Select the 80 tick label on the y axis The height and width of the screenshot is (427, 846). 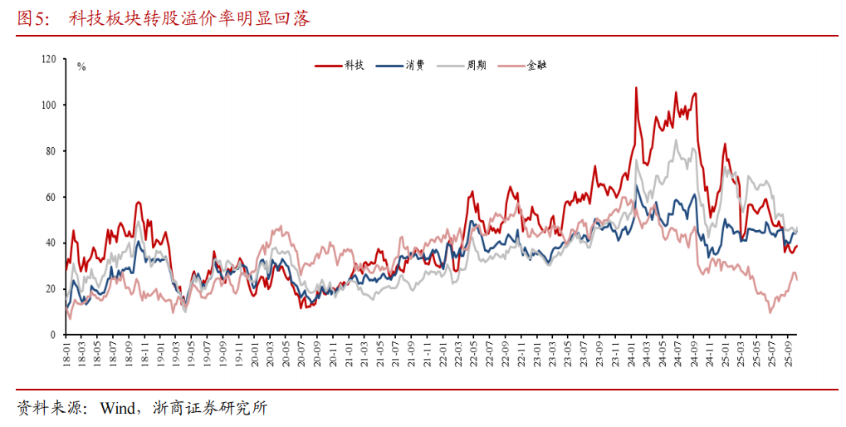(50, 151)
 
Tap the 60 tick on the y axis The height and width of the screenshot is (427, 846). (50, 197)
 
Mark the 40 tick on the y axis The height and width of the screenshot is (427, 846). (50, 243)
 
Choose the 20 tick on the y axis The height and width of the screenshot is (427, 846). (50, 289)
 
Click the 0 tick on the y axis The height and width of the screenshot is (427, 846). (52, 335)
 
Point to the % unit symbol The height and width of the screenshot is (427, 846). (81, 66)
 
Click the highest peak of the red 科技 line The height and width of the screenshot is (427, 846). (636, 87)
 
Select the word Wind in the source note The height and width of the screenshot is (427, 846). (119, 409)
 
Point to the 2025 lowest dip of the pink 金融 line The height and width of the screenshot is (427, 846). (770, 312)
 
